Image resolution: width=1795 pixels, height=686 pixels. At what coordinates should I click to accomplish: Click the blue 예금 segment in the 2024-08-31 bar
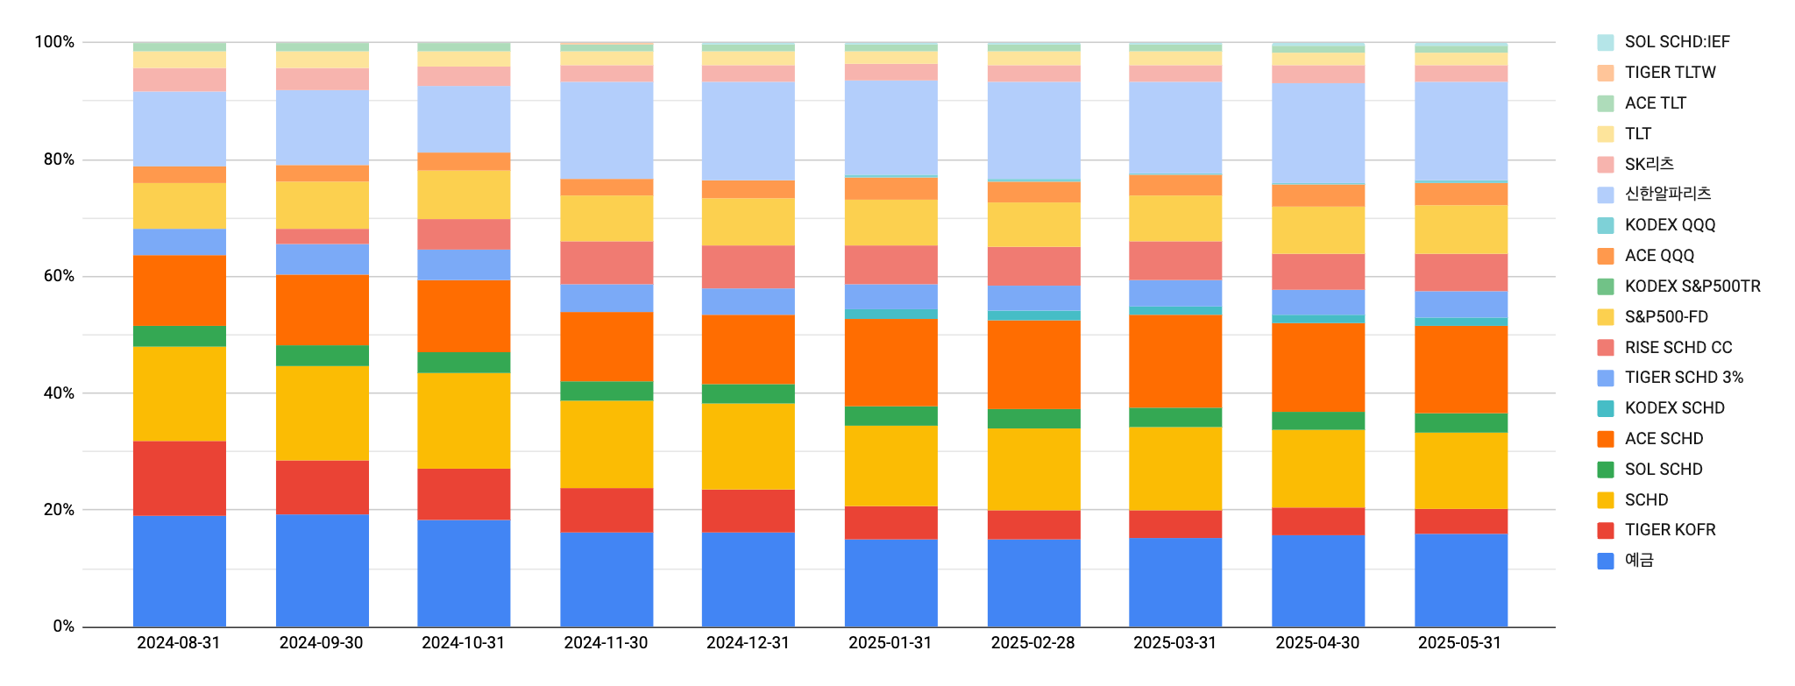pyautogui.click(x=179, y=571)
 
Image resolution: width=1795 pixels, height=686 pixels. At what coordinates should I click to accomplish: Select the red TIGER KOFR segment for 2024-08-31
pyautogui.click(x=179, y=478)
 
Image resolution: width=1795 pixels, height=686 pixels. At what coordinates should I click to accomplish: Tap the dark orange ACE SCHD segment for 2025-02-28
pyautogui.click(x=1033, y=364)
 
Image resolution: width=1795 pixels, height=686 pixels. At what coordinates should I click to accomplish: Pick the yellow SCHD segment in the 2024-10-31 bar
pyautogui.click(x=464, y=421)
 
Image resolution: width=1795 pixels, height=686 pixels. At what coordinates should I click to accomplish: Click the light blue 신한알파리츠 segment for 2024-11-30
pyautogui.click(x=607, y=130)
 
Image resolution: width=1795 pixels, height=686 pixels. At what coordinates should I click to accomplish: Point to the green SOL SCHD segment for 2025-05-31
pyautogui.click(x=1460, y=422)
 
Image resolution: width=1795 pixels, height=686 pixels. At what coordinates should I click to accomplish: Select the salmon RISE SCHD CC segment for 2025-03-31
pyautogui.click(x=1175, y=260)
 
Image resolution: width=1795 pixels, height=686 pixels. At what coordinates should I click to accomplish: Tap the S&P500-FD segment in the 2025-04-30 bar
pyautogui.click(x=1318, y=230)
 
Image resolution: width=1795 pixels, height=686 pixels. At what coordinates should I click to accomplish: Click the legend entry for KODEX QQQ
pyautogui.click(x=1670, y=225)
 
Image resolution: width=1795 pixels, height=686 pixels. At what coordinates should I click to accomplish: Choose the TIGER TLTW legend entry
pyautogui.click(x=1670, y=73)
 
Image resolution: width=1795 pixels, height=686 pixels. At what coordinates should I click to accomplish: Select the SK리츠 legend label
pyautogui.click(x=1649, y=164)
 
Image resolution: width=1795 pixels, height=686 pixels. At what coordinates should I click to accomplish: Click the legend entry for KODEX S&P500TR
pyautogui.click(x=1692, y=286)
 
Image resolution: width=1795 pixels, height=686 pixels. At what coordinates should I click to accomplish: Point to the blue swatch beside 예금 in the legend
pyautogui.click(x=1606, y=561)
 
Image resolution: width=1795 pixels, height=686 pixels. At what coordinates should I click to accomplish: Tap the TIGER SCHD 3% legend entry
pyautogui.click(x=1683, y=378)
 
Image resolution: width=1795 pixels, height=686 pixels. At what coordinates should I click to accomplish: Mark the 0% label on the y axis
pyautogui.click(x=63, y=626)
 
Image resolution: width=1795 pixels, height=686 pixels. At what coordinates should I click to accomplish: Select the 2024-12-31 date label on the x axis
pyautogui.click(x=748, y=643)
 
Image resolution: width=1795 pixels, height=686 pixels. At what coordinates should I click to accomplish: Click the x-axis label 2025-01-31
pyautogui.click(x=890, y=643)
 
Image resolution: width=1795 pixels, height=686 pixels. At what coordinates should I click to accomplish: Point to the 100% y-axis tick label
pyautogui.click(x=54, y=42)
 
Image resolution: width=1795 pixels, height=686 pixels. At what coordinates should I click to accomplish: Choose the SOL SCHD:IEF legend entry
pyautogui.click(x=1677, y=42)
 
